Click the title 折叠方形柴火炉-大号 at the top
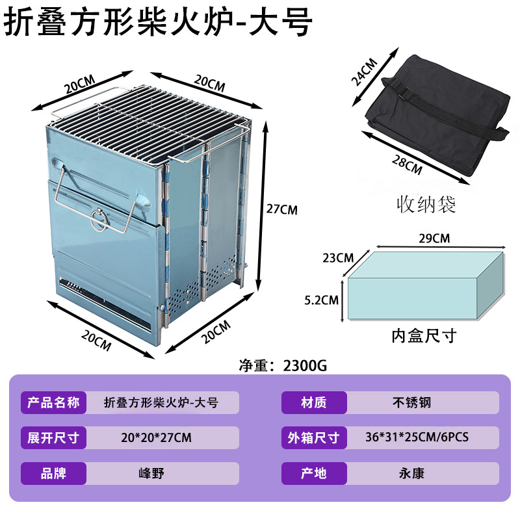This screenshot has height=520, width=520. click(159, 23)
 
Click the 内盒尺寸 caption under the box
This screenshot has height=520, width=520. click(424, 336)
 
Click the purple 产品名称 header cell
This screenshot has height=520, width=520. click(54, 403)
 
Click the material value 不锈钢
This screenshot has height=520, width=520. click(411, 403)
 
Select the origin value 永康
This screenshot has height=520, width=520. click(411, 473)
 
